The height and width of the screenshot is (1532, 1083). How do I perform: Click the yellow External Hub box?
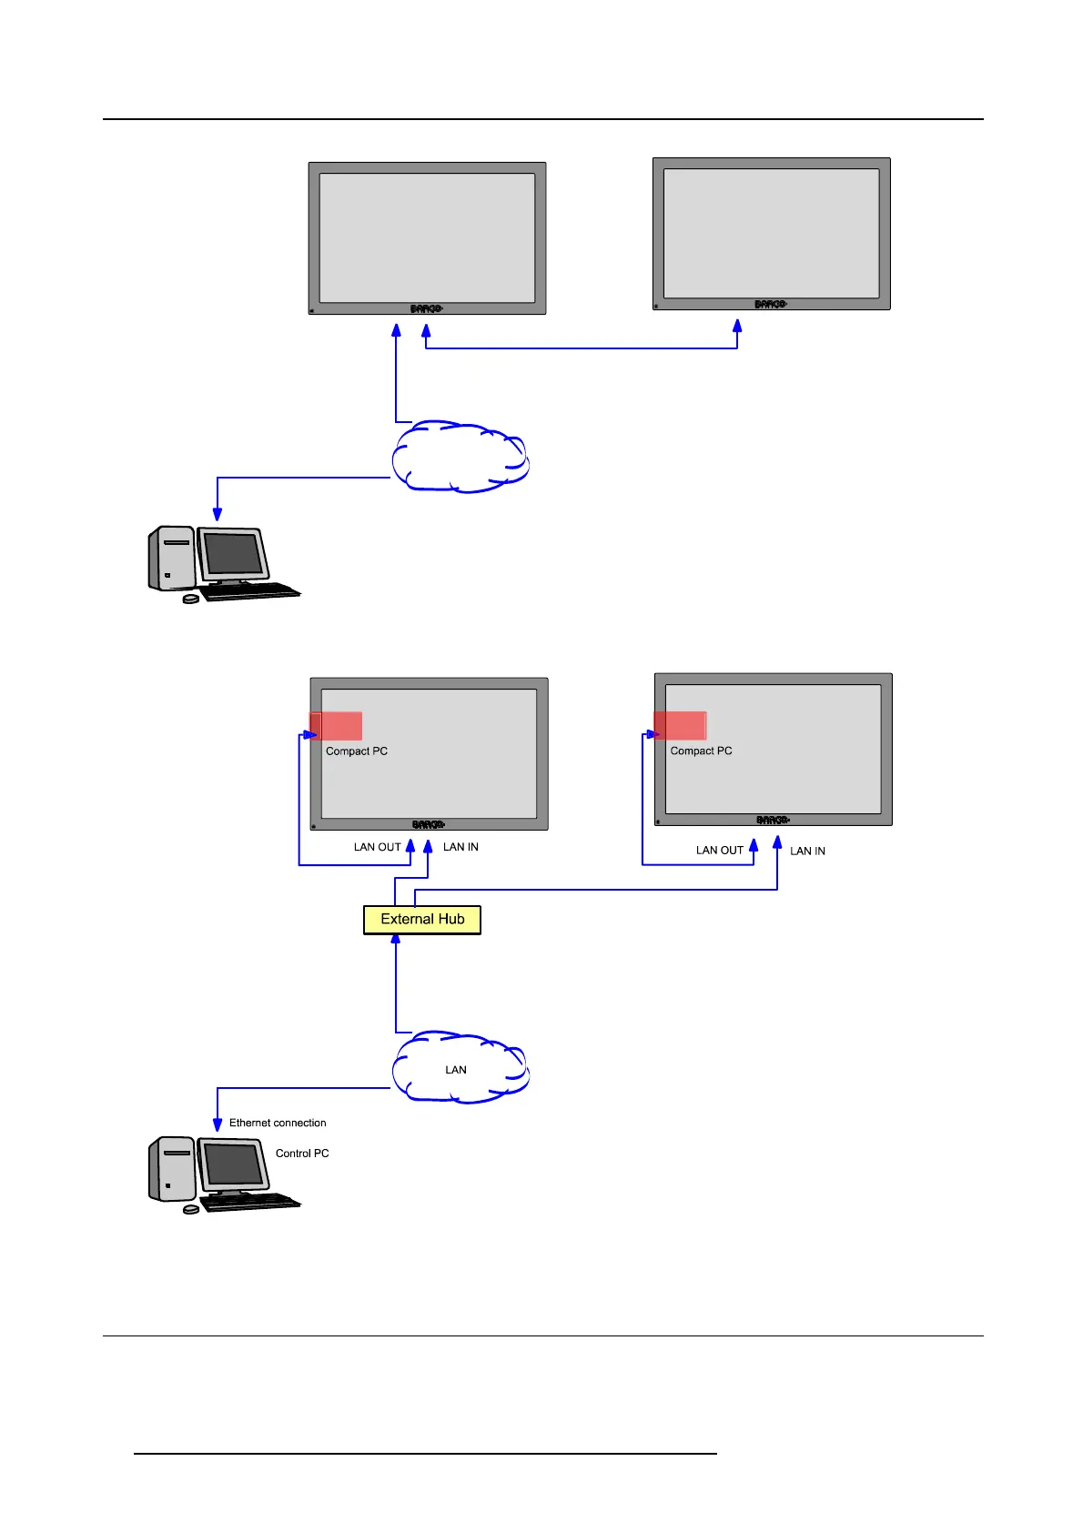click(x=422, y=920)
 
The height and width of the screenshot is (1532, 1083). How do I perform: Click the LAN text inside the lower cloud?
click(x=456, y=1070)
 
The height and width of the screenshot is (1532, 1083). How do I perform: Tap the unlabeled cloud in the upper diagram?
click(x=461, y=458)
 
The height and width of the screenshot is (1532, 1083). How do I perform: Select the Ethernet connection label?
click(x=278, y=1123)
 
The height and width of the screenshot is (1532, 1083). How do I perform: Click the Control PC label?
click(x=302, y=1154)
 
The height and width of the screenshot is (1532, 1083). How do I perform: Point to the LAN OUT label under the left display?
click(x=377, y=847)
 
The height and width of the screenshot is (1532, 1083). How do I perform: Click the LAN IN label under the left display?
click(x=461, y=847)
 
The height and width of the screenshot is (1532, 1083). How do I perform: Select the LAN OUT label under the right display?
click(x=720, y=851)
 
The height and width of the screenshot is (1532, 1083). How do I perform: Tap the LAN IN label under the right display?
click(x=807, y=852)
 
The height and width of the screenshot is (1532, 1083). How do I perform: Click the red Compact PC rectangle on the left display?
click(x=337, y=726)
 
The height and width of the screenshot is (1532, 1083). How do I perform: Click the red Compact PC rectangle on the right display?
click(x=681, y=726)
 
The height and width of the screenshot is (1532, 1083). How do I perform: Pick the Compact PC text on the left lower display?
click(x=357, y=751)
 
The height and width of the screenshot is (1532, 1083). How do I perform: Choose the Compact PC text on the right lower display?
click(x=701, y=751)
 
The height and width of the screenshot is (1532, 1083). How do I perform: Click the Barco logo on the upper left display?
click(x=426, y=309)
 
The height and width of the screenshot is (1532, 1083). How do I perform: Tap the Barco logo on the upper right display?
click(x=770, y=305)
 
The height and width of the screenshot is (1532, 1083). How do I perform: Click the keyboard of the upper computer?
click(x=249, y=591)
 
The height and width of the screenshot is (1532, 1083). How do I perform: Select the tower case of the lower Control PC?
click(x=172, y=1169)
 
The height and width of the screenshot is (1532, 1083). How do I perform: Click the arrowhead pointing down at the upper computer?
click(x=218, y=513)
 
